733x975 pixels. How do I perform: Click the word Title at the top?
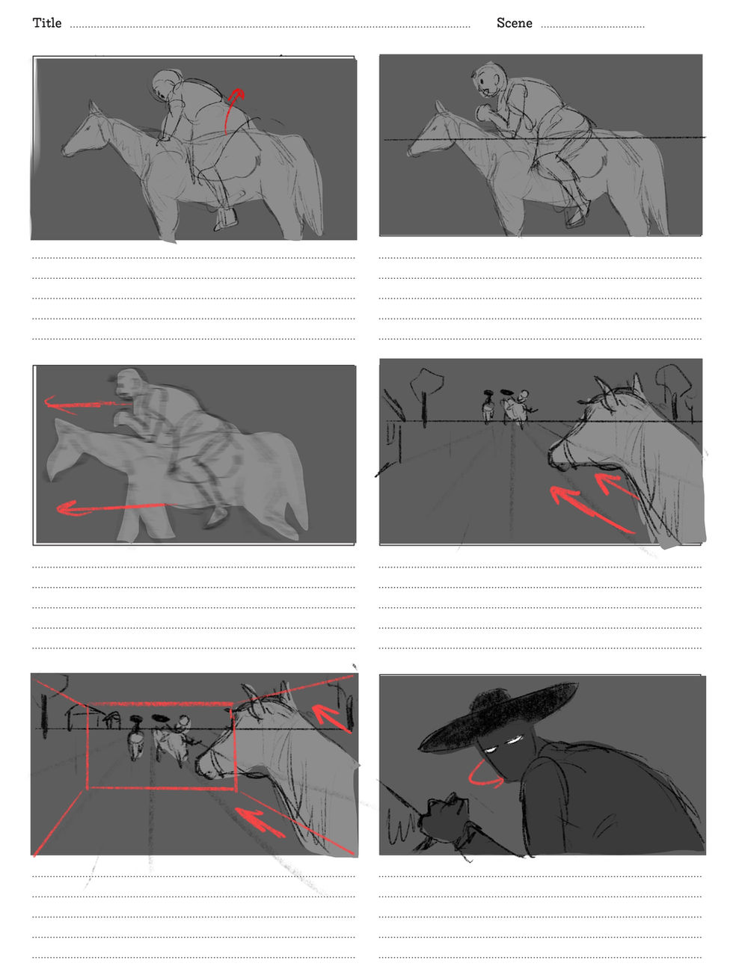[46, 23]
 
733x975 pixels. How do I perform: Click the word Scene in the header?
[514, 23]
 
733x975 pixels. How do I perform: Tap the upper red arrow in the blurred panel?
[85, 405]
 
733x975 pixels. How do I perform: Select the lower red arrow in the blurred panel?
[115, 507]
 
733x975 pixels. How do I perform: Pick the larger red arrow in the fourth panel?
[591, 508]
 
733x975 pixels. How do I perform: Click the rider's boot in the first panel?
[226, 219]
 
